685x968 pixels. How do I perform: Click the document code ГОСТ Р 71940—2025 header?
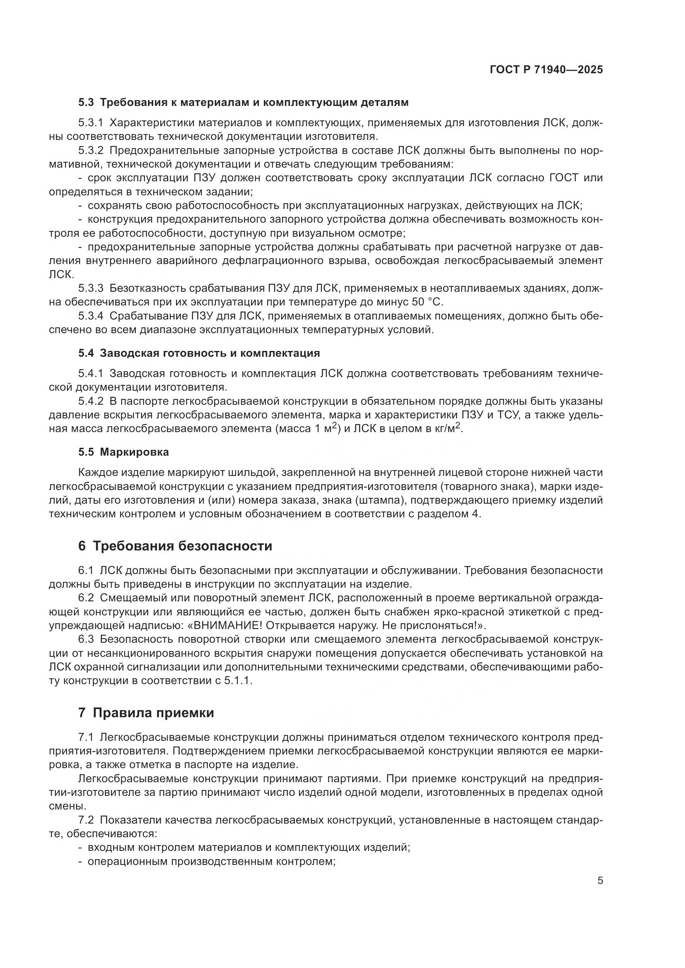pyautogui.click(x=546, y=70)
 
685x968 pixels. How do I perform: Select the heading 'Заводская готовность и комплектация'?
pyautogui.click(x=210, y=353)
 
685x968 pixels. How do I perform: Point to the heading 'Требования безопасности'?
pyautogui.click(x=182, y=546)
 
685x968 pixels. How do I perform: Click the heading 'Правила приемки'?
pyautogui.click(x=153, y=713)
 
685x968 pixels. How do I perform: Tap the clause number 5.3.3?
pyautogui.click(x=91, y=288)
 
